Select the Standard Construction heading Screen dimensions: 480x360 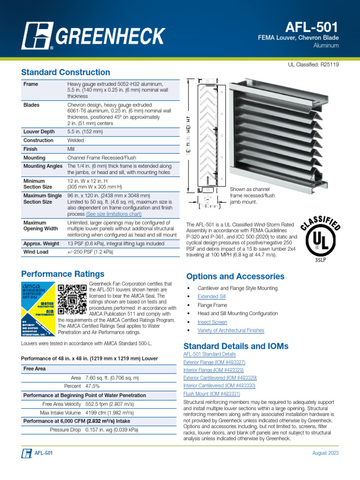(x=66, y=72)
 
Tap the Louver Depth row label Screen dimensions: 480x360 (x=38, y=132)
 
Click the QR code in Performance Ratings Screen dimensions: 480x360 (x=72, y=299)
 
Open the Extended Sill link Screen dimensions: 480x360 (x=211, y=297)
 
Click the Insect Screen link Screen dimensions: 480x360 (x=212, y=322)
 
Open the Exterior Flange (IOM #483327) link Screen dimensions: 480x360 (x=214, y=362)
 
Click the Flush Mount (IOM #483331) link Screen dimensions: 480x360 (x=211, y=394)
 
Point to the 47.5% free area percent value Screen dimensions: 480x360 (x=92, y=386)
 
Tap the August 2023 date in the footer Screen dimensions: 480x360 (x=325, y=453)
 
